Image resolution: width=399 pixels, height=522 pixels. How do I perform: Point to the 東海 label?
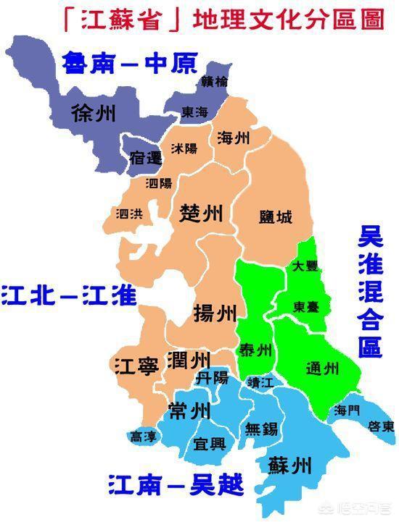(x=194, y=113)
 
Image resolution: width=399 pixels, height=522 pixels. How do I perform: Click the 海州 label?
(x=234, y=137)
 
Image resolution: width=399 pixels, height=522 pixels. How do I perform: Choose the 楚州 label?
(x=201, y=213)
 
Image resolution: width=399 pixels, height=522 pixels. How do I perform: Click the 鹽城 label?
(x=276, y=216)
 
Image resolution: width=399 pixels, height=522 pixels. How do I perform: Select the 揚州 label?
(x=215, y=313)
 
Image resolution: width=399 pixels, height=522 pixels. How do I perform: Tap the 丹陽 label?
(x=212, y=377)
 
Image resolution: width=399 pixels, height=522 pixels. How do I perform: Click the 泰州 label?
(x=255, y=352)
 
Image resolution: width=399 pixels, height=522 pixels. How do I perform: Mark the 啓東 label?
(x=380, y=424)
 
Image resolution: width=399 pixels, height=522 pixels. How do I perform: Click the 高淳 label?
(x=143, y=437)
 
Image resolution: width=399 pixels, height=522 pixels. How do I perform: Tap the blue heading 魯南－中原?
(x=130, y=64)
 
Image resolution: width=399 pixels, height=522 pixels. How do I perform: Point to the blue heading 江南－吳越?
(x=176, y=483)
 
